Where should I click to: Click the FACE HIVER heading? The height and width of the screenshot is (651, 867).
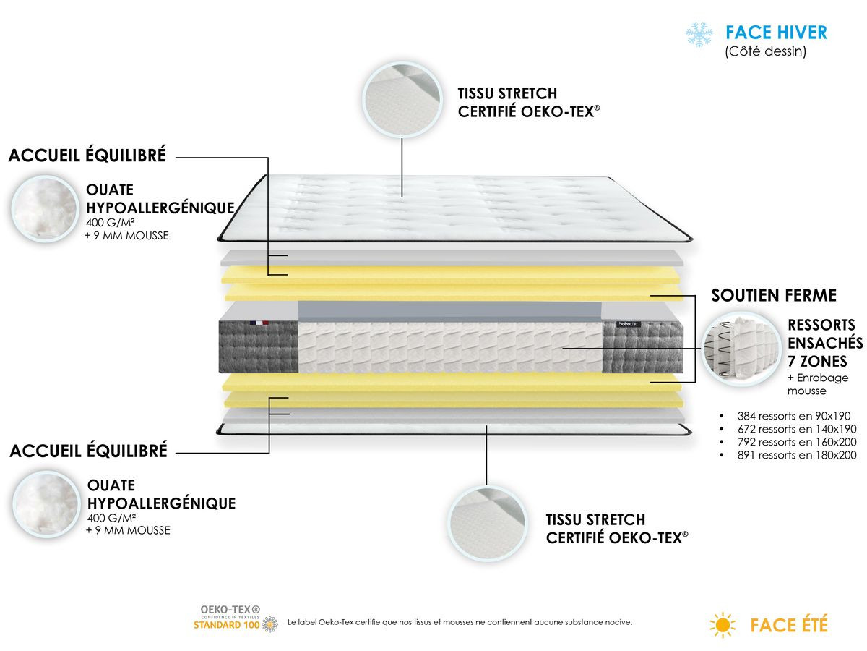tap(776, 33)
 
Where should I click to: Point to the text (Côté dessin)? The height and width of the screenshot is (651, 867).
tap(765, 52)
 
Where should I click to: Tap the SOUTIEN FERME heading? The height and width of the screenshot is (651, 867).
tap(774, 295)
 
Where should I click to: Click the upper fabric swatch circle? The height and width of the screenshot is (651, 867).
tap(401, 97)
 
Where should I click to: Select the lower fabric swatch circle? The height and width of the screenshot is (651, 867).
tap(486, 519)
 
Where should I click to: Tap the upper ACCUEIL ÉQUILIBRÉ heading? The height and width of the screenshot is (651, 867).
tap(87, 156)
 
